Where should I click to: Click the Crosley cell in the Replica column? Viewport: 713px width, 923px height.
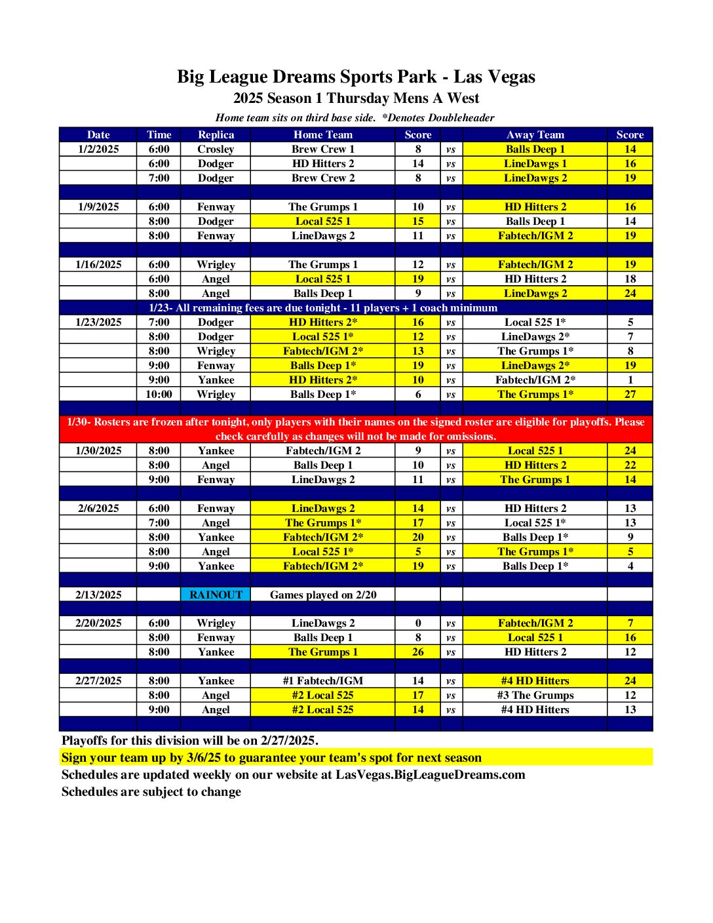pyautogui.click(x=216, y=149)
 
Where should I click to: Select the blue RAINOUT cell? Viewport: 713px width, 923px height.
pyautogui.click(x=216, y=595)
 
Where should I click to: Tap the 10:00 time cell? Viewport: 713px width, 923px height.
pyautogui.click(x=159, y=394)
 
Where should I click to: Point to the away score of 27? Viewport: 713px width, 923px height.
pyautogui.click(x=630, y=394)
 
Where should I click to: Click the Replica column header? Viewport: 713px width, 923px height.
pyautogui.click(x=216, y=134)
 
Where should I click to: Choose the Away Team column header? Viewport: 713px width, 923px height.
pyautogui.click(x=535, y=134)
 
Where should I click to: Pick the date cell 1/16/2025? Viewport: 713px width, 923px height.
pyautogui.click(x=98, y=264)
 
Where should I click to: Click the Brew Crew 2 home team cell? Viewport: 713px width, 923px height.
pyautogui.click(x=323, y=178)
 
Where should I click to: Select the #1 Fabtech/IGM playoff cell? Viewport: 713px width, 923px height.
pyautogui.click(x=323, y=680)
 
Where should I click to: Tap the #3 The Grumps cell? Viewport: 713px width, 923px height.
pyautogui.click(x=535, y=695)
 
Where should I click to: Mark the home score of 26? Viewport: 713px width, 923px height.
pyautogui.click(x=418, y=652)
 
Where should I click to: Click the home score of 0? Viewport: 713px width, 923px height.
pyautogui.click(x=418, y=623)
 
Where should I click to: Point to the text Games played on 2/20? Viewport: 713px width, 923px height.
pyautogui.click(x=323, y=595)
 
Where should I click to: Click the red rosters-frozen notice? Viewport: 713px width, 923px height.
pyautogui.click(x=356, y=429)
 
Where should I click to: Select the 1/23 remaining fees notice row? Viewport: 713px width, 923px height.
pyautogui.click(x=323, y=307)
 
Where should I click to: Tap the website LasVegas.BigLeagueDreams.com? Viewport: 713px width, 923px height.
pyautogui.click(x=431, y=774)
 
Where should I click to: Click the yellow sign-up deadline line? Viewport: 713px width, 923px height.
pyautogui.click(x=271, y=757)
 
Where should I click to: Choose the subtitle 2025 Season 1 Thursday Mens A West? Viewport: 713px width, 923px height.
pyautogui.click(x=356, y=98)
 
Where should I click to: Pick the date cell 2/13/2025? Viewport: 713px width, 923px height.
pyautogui.click(x=98, y=595)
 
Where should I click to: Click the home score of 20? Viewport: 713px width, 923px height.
pyautogui.click(x=418, y=537)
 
